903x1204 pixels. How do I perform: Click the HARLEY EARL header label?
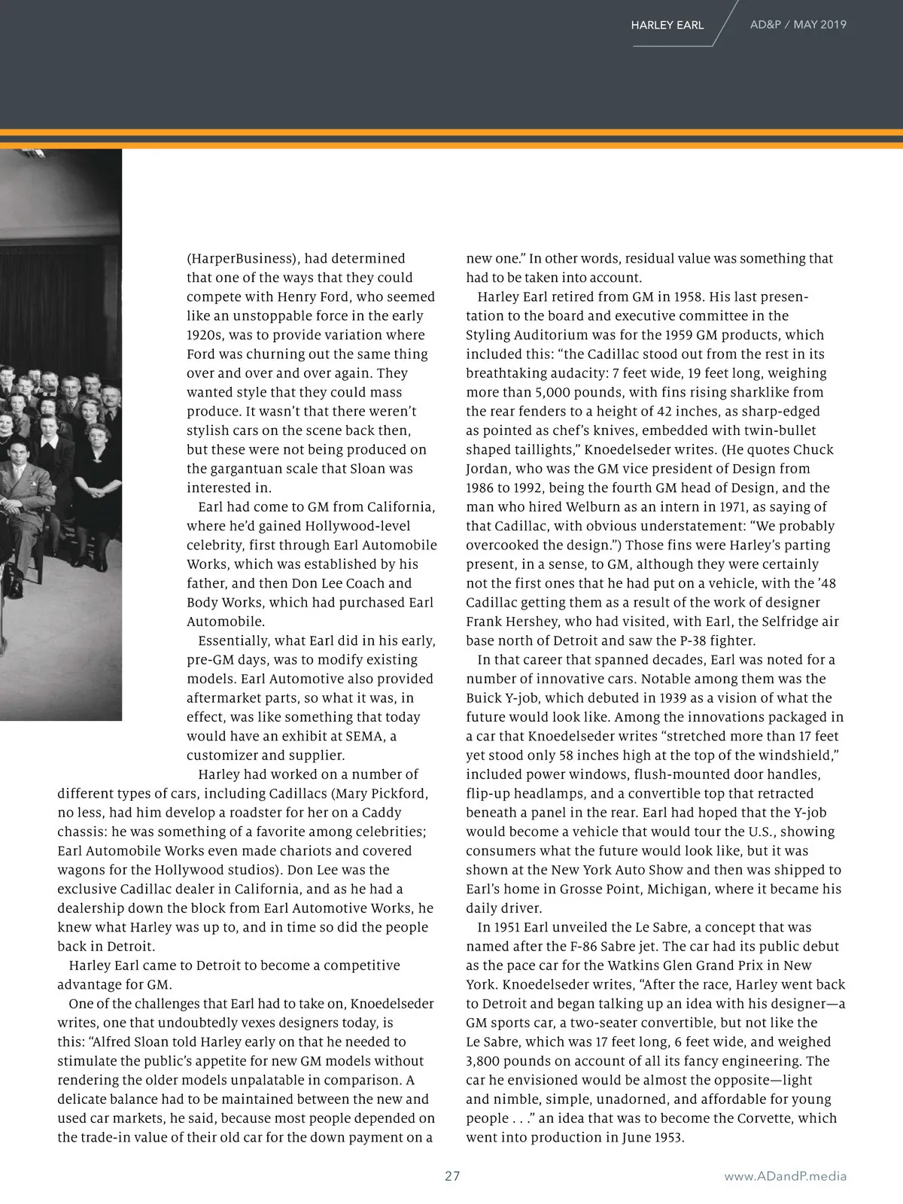pos(667,25)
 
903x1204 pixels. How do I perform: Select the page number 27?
pos(451,1175)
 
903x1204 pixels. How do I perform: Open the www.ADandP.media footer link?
pos(785,1175)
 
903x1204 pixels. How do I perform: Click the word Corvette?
pos(762,1117)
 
